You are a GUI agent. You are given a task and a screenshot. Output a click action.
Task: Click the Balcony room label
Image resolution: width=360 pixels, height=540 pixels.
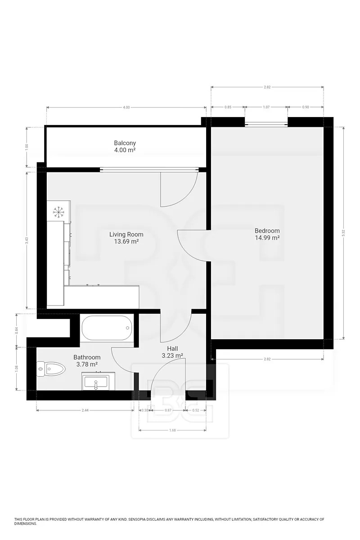pyautogui.click(x=125, y=146)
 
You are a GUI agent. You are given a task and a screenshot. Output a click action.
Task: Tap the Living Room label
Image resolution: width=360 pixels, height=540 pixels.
pyautogui.click(x=126, y=238)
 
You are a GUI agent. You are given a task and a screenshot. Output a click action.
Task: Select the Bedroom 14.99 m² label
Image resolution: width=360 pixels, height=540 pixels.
pyautogui.click(x=267, y=234)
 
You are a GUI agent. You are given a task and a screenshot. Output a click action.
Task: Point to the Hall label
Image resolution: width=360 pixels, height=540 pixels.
pyautogui.click(x=172, y=352)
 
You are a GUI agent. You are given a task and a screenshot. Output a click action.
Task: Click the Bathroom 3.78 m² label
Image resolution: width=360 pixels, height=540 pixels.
pyautogui.click(x=87, y=360)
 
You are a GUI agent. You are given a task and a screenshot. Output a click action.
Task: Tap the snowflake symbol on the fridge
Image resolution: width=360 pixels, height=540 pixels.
pyautogui.click(x=58, y=212)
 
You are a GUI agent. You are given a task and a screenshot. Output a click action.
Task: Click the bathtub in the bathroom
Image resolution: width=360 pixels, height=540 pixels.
pyautogui.click(x=107, y=328)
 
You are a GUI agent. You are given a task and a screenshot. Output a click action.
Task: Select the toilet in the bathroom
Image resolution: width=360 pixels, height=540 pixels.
pyautogui.click(x=51, y=369)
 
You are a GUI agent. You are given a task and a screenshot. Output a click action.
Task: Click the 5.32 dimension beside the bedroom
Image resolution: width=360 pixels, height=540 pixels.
pyautogui.click(x=343, y=233)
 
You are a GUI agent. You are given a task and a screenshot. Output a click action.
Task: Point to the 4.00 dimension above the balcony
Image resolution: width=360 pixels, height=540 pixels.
pyautogui.click(x=126, y=107)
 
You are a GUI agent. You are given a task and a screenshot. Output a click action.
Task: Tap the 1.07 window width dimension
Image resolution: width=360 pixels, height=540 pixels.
pyautogui.click(x=266, y=107)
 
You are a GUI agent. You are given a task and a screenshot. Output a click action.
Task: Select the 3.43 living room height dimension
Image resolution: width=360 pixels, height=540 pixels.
pyautogui.click(x=27, y=240)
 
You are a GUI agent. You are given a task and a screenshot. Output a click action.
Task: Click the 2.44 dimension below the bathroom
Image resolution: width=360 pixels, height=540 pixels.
pyautogui.click(x=85, y=410)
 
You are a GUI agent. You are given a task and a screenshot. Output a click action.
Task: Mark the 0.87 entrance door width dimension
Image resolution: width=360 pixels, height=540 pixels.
pyautogui.click(x=168, y=410)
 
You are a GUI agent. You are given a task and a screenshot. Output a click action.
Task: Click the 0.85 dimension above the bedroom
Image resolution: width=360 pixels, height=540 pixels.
pyautogui.click(x=228, y=107)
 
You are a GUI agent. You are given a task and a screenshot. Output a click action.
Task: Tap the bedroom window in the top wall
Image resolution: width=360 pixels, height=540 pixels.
pyautogui.click(x=266, y=124)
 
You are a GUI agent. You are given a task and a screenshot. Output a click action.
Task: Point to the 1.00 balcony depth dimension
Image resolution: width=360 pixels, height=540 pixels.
pyautogui.click(x=27, y=147)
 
